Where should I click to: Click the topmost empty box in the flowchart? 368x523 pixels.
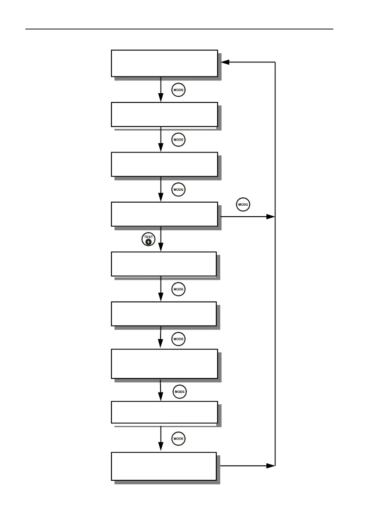164,63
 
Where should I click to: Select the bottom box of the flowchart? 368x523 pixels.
164,466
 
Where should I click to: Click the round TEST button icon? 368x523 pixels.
148,240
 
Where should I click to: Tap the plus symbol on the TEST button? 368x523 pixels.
149,242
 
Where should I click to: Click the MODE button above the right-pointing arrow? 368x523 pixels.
243,205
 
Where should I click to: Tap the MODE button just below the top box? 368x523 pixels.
178,91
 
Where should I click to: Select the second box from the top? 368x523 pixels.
164,114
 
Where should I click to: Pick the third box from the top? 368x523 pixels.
164,164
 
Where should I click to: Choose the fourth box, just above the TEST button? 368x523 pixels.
164,214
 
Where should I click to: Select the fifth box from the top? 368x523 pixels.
164,264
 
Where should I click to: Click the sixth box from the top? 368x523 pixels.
164,314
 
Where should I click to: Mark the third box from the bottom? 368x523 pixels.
164,363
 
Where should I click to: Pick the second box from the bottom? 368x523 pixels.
164,412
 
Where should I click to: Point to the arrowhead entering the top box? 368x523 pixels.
225,62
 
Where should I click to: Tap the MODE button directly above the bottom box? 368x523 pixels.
178,439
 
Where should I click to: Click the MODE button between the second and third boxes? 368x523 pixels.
178,140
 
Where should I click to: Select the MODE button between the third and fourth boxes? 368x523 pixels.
178,190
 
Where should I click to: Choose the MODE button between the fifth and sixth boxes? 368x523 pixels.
178,289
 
